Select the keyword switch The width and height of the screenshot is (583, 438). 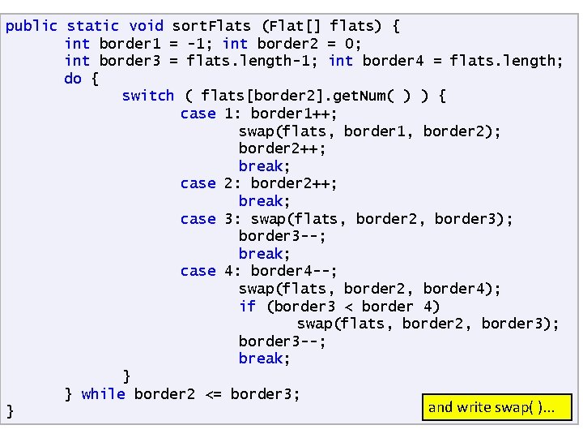pos(147,96)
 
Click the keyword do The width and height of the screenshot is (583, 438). pos(73,79)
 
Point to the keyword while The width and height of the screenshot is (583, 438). pos(103,394)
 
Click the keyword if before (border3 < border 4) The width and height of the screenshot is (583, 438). pos(247,306)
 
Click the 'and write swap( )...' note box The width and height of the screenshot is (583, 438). pos(497,407)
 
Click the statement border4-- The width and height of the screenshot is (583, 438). pos(294,271)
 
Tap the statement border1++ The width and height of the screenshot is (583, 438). pos(294,114)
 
